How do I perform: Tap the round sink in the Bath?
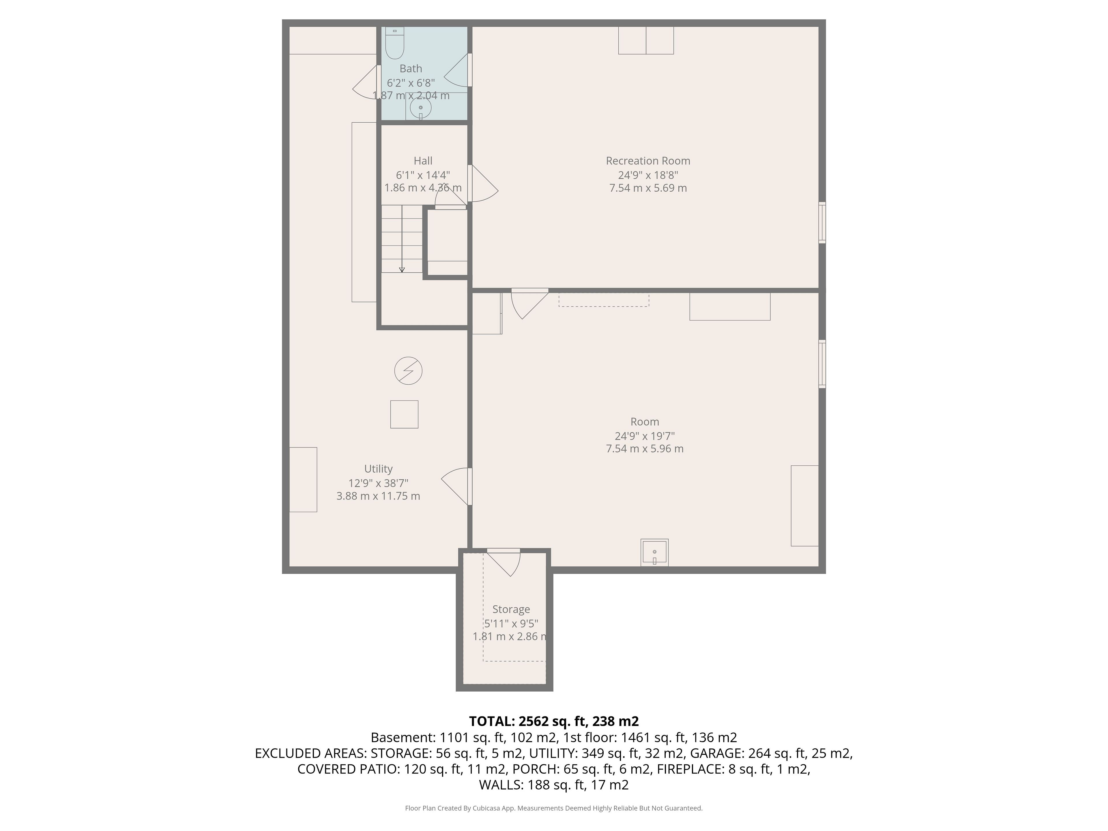[x=421, y=108]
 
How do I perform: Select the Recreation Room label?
[x=648, y=161]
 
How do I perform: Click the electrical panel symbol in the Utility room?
[x=408, y=371]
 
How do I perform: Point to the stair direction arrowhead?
[x=402, y=270]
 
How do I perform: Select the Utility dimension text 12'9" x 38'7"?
[x=378, y=483]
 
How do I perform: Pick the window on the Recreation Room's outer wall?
[x=822, y=222]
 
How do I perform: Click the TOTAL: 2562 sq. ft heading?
[x=553, y=721]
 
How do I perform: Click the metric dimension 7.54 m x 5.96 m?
[x=645, y=449]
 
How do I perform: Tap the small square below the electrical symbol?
[x=404, y=414]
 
